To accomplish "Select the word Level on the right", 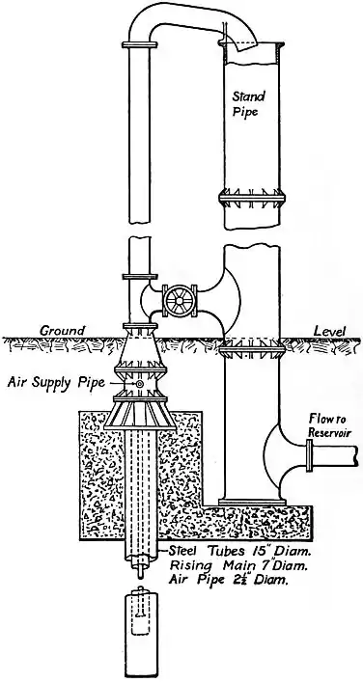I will (x=328, y=331).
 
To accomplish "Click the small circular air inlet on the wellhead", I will (x=140, y=385).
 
